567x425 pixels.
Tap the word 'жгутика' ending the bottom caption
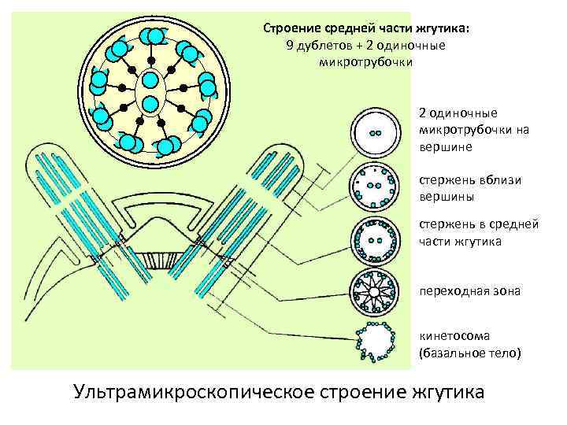tap(447, 391)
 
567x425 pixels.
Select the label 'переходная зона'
tap(469, 291)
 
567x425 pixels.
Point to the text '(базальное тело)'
tap(469, 353)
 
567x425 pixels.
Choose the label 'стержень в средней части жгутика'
tap(478, 233)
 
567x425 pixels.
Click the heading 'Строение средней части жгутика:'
tap(365, 28)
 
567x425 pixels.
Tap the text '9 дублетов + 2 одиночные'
tap(365, 45)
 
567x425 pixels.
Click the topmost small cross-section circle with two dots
tap(375, 131)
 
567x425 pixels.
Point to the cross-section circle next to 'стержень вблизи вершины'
tap(375, 187)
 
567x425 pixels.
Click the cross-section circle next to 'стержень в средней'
tap(375, 238)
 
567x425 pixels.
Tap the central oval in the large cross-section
tap(150, 91)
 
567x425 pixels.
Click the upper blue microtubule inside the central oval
tap(150, 80)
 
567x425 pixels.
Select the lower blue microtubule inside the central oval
tap(150, 102)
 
